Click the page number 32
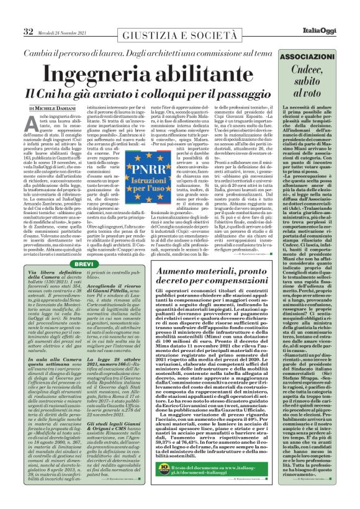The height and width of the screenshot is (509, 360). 28,30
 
